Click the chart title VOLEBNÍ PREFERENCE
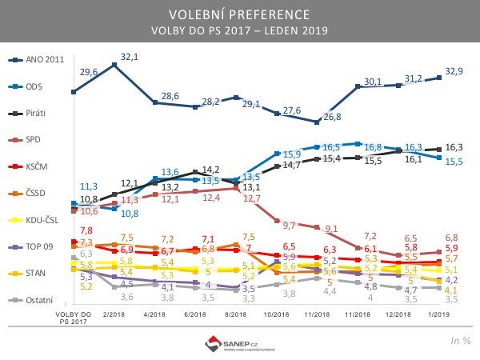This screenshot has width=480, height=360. click(x=239, y=15)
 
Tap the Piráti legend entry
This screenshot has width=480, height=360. click(x=36, y=113)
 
